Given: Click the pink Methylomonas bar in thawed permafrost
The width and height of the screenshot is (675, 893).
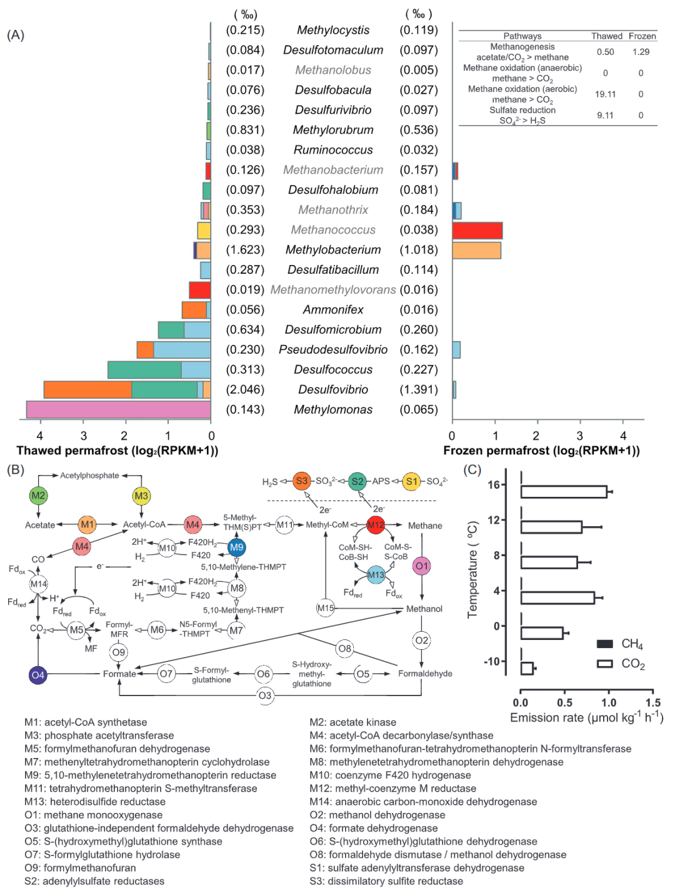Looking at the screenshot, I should point(118,409).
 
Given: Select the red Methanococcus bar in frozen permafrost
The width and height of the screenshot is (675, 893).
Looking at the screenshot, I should point(477,230).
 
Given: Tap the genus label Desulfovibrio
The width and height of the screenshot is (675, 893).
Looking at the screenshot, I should point(333,389).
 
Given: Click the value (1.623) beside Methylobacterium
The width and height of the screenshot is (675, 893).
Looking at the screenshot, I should point(245,250).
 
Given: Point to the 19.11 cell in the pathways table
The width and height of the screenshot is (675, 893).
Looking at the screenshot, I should point(605,94).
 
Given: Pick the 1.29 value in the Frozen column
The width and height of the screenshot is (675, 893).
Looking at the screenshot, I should point(641,52).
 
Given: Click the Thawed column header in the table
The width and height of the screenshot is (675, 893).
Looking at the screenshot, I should point(606,36).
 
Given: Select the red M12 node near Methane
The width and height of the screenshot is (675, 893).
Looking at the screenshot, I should point(376,525).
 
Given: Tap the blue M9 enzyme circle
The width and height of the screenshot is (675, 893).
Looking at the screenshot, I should point(236,547).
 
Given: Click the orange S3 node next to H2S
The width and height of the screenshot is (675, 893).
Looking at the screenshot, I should point(302,481).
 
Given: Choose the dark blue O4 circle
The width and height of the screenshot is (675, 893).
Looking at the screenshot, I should point(38,675).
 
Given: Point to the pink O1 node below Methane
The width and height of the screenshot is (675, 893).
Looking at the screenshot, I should point(422,566).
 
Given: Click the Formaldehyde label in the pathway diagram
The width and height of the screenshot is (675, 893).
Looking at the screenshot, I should point(425,674).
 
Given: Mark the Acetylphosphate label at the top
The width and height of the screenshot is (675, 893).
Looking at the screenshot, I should point(89,476).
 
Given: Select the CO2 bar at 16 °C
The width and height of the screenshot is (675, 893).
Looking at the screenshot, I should point(564,492).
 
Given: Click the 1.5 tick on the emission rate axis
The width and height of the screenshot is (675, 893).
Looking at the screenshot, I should point(653,702).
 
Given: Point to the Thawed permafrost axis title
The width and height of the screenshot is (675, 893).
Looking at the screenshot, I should point(117,451).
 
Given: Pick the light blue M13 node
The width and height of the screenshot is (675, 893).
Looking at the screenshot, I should point(376,575).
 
